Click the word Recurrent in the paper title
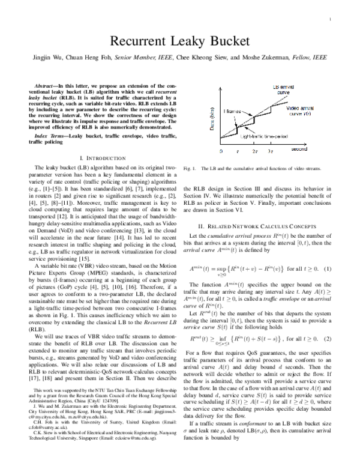(136, 41)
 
